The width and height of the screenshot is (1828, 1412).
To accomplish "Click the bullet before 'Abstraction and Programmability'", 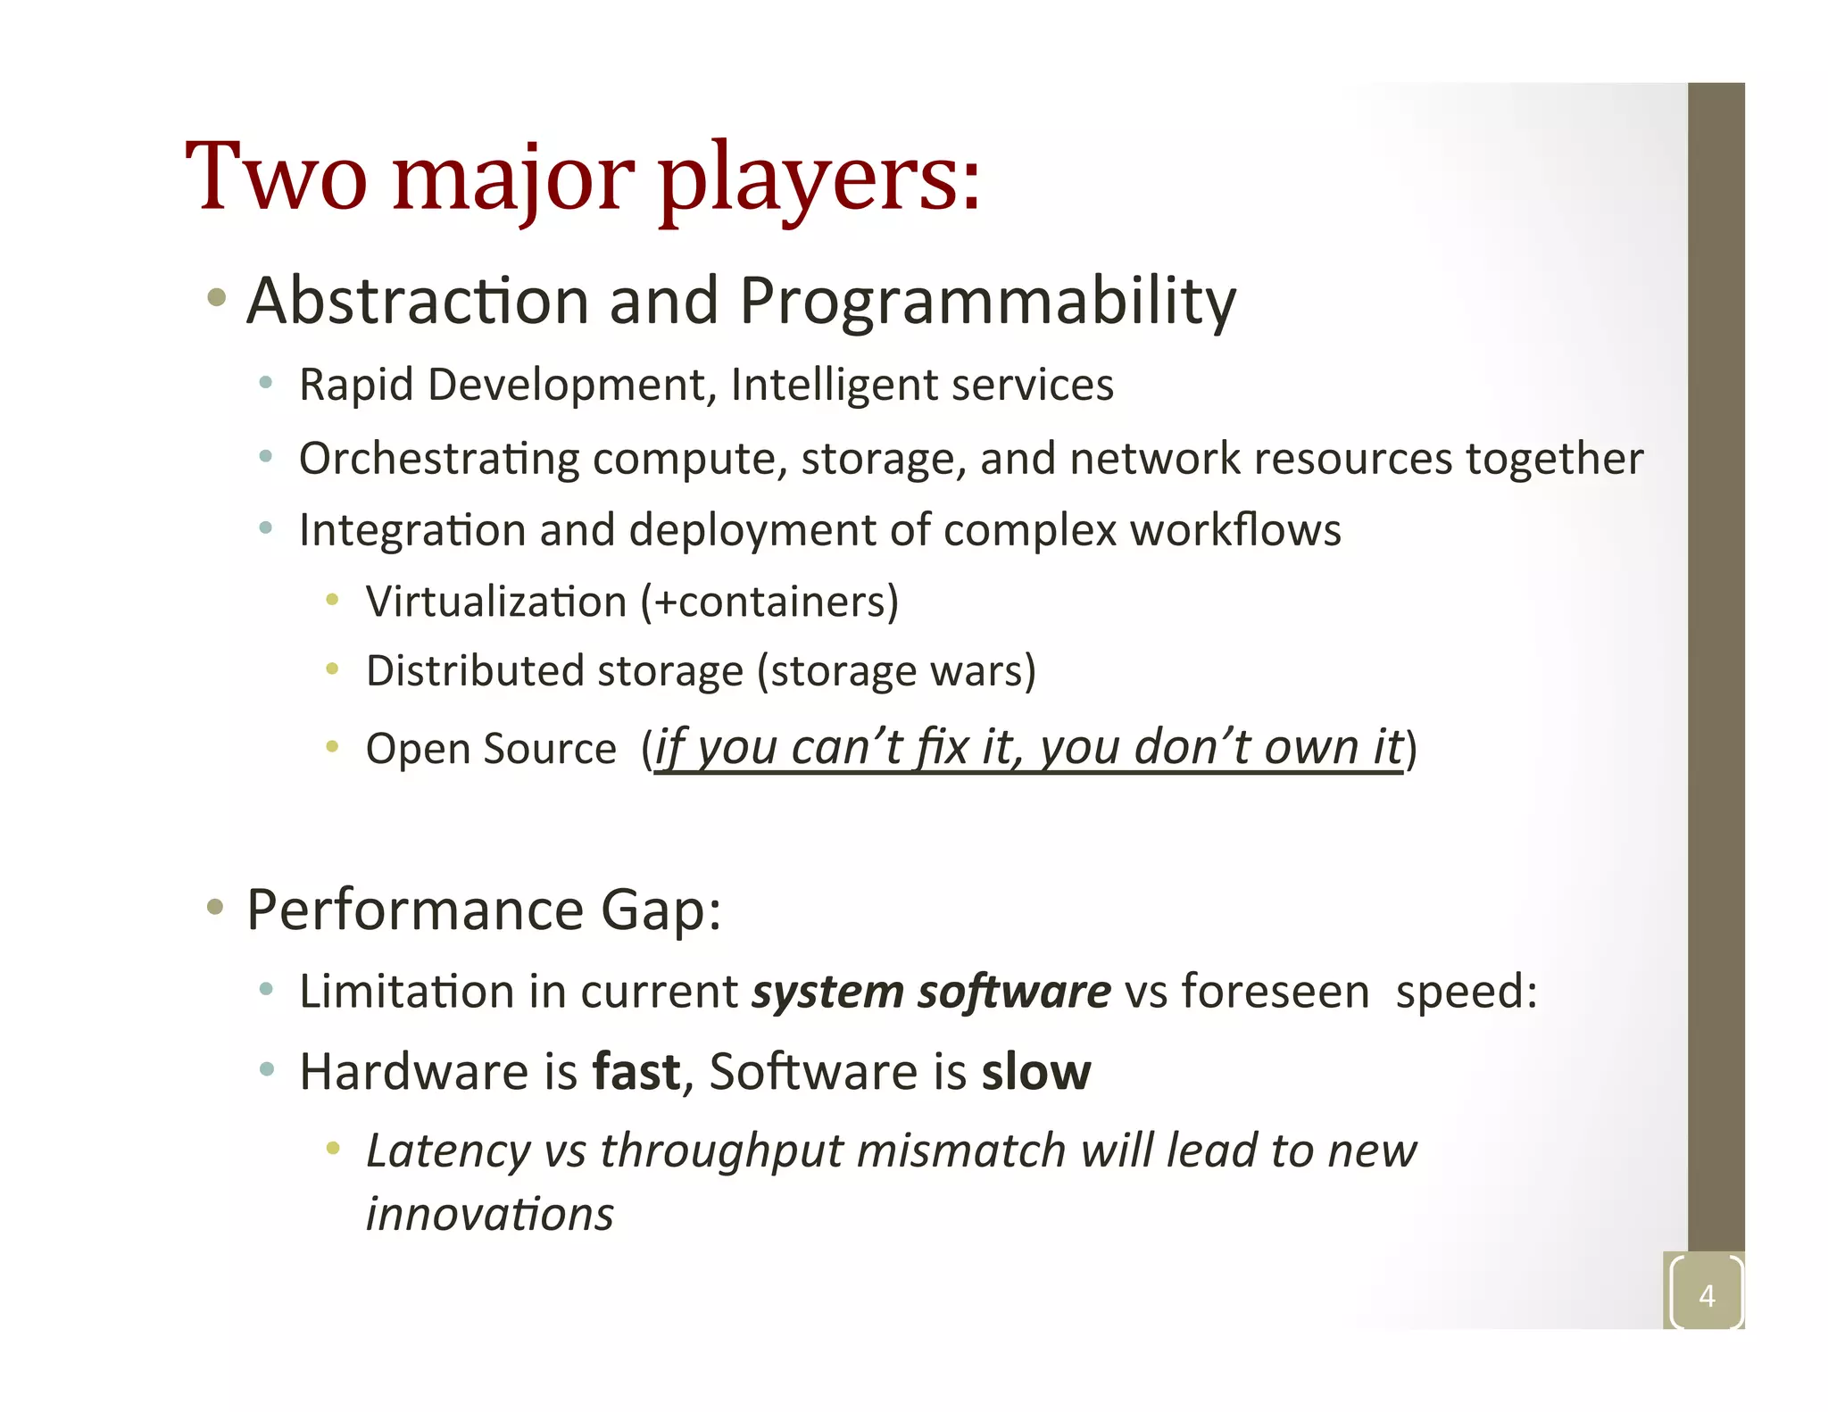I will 216,297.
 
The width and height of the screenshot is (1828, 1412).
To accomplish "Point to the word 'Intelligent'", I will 834,386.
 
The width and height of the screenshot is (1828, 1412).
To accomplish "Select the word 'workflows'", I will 1235,530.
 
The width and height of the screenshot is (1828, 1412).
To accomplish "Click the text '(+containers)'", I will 769,602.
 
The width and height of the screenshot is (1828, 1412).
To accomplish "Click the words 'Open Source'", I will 491,748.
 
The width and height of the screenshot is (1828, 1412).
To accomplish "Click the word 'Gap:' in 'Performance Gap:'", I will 661,910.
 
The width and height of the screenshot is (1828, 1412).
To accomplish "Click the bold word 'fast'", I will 636,1072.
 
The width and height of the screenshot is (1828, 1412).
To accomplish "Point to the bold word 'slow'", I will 1035,1072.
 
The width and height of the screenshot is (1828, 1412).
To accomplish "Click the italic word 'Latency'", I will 448,1151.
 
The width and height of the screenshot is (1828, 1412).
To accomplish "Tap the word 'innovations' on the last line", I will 490,1215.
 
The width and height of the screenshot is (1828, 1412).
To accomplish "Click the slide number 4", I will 1707,1295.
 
